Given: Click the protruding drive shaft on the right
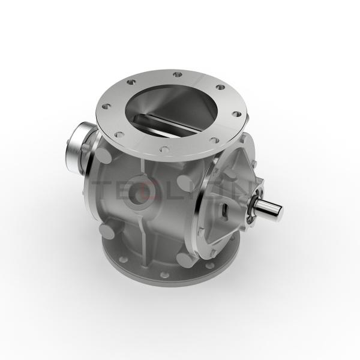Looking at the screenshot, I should pos(268,211).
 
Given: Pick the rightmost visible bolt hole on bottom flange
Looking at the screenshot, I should pos(231,243).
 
